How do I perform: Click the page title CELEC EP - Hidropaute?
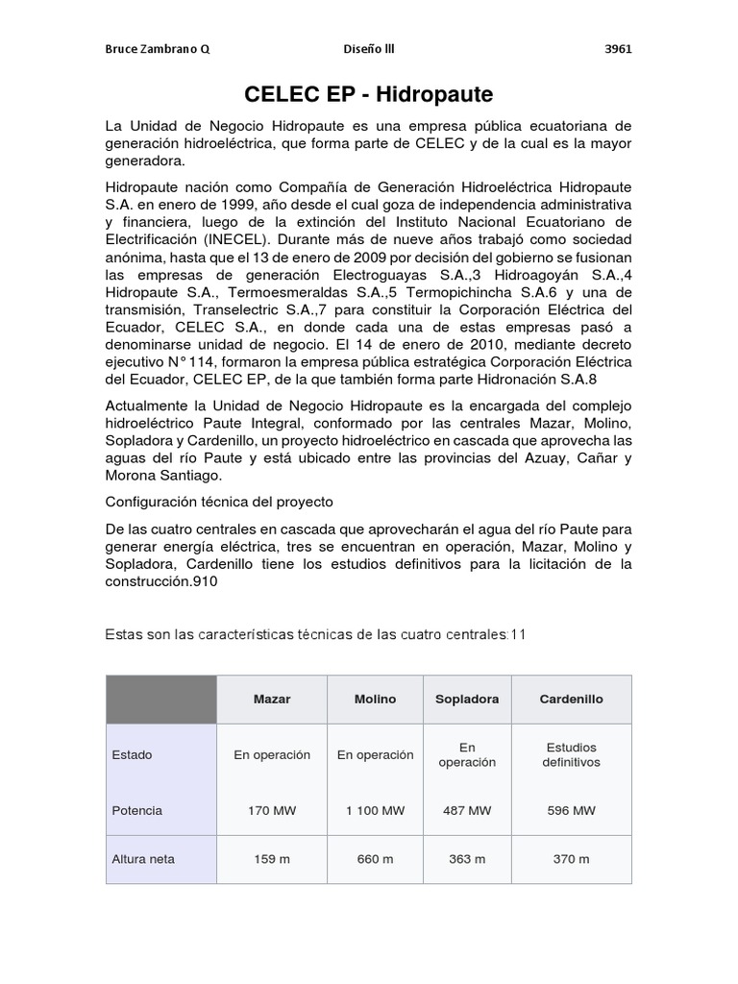tap(369, 94)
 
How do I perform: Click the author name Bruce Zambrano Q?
tap(157, 50)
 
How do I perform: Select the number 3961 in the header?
tap(617, 50)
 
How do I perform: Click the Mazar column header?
tap(272, 699)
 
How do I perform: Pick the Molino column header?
tap(375, 699)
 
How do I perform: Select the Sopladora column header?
tap(467, 699)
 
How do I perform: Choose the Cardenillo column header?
tap(571, 699)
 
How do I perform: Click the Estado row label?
tap(132, 754)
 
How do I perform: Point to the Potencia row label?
tap(137, 810)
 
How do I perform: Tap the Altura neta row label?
tap(143, 859)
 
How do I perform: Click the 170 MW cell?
tap(272, 810)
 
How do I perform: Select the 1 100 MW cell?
tap(375, 810)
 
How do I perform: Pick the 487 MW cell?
tap(467, 810)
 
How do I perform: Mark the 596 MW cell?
tap(571, 810)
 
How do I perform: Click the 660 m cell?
tap(375, 859)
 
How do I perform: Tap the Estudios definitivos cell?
tap(571, 754)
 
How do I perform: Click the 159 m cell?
tap(272, 859)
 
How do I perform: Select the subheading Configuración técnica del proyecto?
tap(219, 502)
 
